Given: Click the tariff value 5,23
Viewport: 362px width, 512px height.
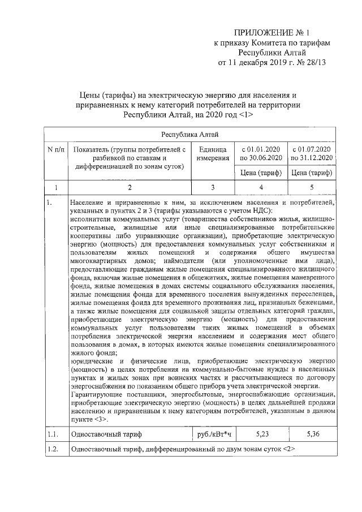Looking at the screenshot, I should coord(261,434).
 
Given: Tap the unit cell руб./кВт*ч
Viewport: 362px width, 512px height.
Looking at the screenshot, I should coord(213,434).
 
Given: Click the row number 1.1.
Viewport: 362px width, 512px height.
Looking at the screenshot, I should coord(53,434).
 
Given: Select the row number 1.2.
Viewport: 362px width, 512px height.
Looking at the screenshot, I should coord(53,450).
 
